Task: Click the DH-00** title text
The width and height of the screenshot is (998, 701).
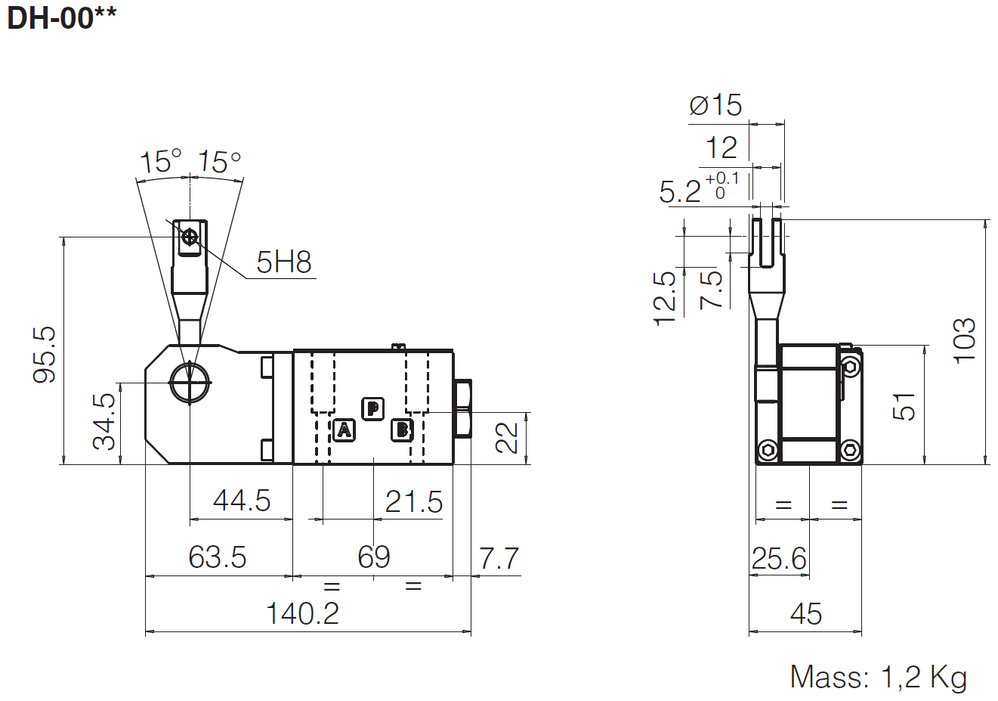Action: pyautogui.click(x=62, y=18)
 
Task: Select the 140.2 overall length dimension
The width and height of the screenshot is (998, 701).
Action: pyautogui.click(x=302, y=613)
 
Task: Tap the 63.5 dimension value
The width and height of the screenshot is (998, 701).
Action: pyautogui.click(x=218, y=557)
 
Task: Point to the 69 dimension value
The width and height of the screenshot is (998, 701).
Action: pyautogui.click(x=374, y=557)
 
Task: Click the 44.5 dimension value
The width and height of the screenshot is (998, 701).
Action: pyautogui.click(x=242, y=501)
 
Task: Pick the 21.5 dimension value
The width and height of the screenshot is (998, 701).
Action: pyautogui.click(x=414, y=501)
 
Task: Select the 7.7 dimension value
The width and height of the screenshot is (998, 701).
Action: pyautogui.click(x=499, y=559)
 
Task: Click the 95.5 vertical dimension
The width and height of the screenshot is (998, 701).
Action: pyautogui.click(x=45, y=355)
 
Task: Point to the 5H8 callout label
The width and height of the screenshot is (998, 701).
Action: pyautogui.click(x=283, y=262)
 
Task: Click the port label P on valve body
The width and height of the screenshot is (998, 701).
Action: pyautogui.click(x=372, y=408)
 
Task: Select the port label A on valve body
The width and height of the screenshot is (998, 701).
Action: pyautogui.click(x=344, y=430)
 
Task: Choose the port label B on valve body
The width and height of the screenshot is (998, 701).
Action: pyautogui.click(x=402, y=430)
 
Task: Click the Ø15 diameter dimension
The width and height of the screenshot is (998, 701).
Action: pyautogui.click(x=715, y=105)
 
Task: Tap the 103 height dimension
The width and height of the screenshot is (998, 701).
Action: pyautogui.click(x=965, y=341)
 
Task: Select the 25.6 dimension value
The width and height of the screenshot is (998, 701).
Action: pyautogui.click(x=779, y=559)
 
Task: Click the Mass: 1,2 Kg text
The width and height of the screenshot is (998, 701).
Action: pyautogui.click(x=879, y=677)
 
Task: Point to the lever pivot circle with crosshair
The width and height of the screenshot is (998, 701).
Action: pyautogui.click(x=190, y=383)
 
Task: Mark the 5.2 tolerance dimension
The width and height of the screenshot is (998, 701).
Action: pyautogui.click(x=698, y=189)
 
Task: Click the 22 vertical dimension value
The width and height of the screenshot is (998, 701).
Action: pyautogui.click(x=507, y=437)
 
